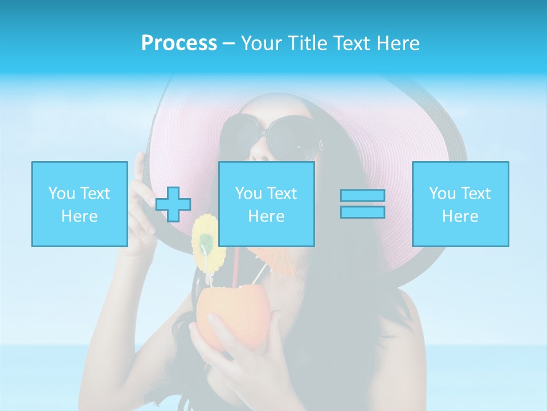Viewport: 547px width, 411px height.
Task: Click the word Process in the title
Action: pyautogui.click(x=179, y=43)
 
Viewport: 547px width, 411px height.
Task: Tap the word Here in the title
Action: pyautogui.click(x=398, y=43)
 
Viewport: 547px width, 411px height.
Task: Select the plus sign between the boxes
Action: pyautogui.click(x=173, y=204)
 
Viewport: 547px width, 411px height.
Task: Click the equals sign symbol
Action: pyautogui.click(x=362, y=204)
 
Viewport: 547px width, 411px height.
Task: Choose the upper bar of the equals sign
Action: pyautogui.click(x=362, y=195)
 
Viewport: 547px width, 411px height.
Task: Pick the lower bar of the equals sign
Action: pyautogui.click(x=362, y=212)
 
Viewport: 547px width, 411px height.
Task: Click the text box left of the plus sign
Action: pyautogui.click(x=79, y=204)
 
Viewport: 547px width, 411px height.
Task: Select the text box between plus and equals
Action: pyautogui.click(x=266, y=204)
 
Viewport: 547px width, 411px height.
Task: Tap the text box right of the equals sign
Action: pyautogui.click(x=460, y=204)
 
